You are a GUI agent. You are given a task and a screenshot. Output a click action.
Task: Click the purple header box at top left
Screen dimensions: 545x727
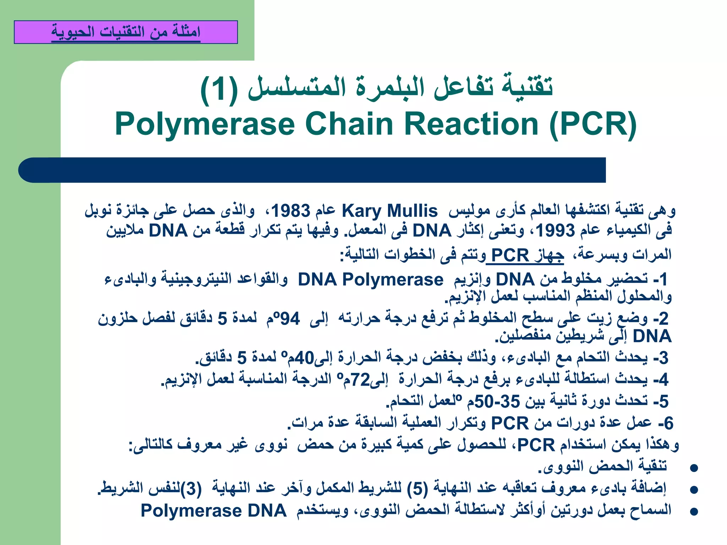pos(126,32)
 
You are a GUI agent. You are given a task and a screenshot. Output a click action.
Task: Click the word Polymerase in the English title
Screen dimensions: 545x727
pos(205,124)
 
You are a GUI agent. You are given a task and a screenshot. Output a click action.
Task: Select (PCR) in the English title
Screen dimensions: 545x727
pos(593,124)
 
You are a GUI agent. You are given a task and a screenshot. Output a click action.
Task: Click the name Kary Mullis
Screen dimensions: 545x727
pos(389,211)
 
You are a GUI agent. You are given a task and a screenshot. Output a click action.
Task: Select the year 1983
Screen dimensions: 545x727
pos(291,211)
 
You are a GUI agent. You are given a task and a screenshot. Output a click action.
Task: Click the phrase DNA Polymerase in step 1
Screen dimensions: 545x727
pos(371,280)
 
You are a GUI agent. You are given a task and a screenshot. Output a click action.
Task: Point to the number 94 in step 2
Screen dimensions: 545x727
pos(290,319)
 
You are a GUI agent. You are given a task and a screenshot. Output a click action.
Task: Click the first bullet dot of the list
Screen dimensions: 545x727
pos(694,468)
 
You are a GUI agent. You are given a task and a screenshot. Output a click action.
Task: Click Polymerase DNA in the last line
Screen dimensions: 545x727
pos(213,511)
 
